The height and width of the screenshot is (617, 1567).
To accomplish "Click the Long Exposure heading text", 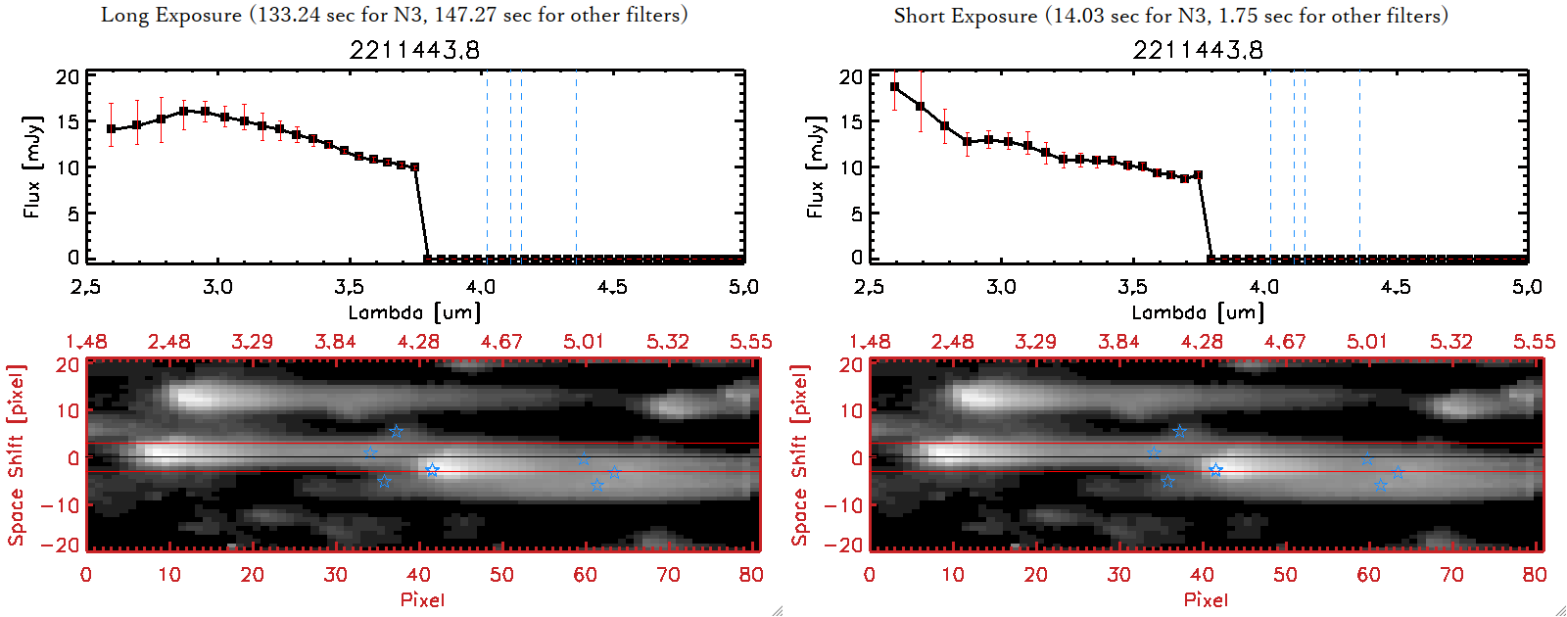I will click(394, 15).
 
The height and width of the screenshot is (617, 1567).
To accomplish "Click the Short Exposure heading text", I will click(1170, 16).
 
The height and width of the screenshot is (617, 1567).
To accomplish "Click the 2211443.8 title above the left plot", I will click(414, 50).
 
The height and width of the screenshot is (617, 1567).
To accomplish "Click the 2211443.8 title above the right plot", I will click(1198, 50).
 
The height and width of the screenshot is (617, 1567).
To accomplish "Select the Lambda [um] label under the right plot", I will click(1198, 312).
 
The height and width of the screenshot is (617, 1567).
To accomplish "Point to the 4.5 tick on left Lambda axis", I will click(612, 287).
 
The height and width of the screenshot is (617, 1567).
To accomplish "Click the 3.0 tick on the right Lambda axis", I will click(1001, 287).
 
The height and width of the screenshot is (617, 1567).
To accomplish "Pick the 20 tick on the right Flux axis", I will click(850, 76).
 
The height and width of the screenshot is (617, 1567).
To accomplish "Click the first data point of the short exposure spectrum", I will click(894, 87).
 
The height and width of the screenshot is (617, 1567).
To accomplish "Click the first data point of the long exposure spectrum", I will click(111, 129).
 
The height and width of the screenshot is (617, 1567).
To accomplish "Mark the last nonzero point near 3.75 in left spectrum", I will click(415, 167).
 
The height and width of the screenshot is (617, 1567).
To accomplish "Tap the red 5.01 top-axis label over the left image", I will click(584, 342).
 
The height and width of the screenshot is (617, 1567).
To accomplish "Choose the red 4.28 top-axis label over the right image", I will click(1202, 342).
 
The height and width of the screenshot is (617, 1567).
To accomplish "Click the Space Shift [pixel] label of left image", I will click(17, 455).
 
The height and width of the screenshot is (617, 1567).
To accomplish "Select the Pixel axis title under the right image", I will click(1206, 599).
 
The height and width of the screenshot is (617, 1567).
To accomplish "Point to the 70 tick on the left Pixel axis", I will click(668, 575).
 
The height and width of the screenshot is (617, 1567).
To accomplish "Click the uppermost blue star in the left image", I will click(396, 432).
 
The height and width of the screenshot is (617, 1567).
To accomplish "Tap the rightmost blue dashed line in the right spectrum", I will click(1359, 166).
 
